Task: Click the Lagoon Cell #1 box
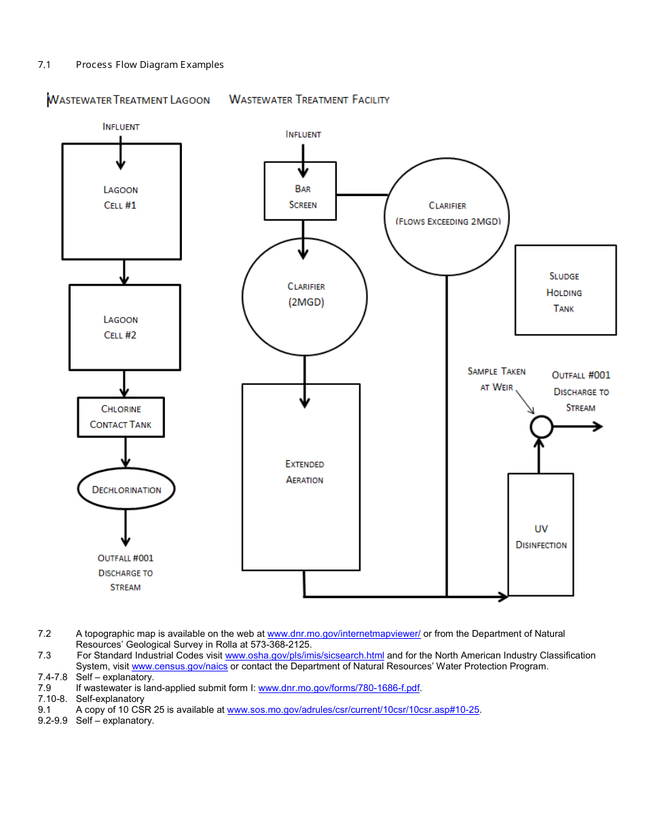point(122,201)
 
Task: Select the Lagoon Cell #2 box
point(124,327)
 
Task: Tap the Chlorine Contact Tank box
point(121,417)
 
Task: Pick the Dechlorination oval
point(126,489)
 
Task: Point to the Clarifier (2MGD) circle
point(305,297)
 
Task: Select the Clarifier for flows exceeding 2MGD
point(447,213)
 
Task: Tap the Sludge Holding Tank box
point(566,291)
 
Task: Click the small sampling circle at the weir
point(541,426)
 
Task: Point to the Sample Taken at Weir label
point(496,379)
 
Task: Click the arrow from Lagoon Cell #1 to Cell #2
point(124,272)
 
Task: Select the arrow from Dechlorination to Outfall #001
point(126,527)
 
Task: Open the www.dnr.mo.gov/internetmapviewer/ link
point(344,633)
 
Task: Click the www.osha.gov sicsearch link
point(304,655)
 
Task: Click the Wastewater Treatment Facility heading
point(310,100)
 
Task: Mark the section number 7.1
point(45,64)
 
